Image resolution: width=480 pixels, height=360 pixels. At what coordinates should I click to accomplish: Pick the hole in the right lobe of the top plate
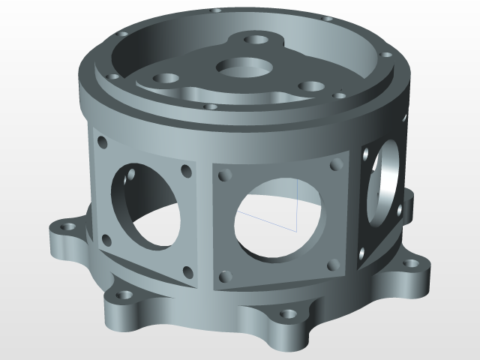(x=307, y=85)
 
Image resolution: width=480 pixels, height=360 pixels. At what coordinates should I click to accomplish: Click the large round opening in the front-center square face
(x=280, y=218)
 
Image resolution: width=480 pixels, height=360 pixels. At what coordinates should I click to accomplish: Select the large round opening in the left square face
(x=145, y=202)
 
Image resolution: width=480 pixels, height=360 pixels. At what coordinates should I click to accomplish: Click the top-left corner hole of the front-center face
(x=223, y=175)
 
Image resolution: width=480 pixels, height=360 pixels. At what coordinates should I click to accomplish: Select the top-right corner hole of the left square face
(x=184, y=172)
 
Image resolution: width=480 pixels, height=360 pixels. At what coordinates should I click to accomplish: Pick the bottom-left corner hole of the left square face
(x=106, y=241)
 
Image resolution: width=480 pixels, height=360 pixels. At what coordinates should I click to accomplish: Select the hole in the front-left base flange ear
(x=121, y=294)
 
